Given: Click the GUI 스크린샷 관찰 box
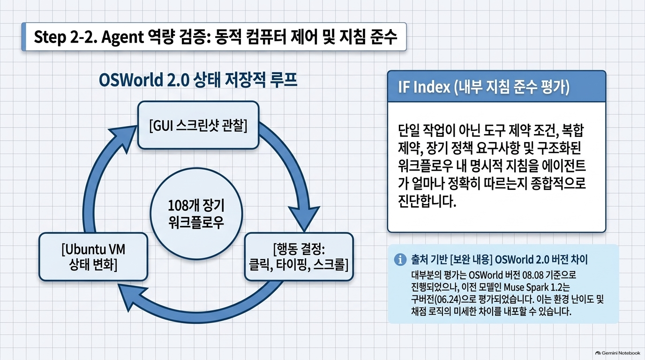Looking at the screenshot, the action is [x=198, y=125].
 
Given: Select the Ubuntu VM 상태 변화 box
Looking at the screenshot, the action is [x=93, y=256].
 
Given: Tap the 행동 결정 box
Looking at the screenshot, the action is [x=299, y=256].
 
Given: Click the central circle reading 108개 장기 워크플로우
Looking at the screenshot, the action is [x=196, y=214].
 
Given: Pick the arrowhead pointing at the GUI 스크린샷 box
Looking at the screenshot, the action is [x=124, y=138].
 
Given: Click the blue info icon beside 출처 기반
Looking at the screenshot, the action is [x=400, y=260].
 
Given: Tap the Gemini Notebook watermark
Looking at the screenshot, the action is [x=618, y=353].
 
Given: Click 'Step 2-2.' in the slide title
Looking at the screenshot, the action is [x=65, y=37].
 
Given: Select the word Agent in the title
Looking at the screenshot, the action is [x=122, y=37].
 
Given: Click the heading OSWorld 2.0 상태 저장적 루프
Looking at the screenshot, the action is [x=198, y=80].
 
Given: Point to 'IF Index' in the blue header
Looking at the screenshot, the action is [x=424, y=87].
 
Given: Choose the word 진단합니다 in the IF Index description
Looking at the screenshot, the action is [x=427, y=201].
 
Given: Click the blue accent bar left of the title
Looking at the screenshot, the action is [x=23, y=37].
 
